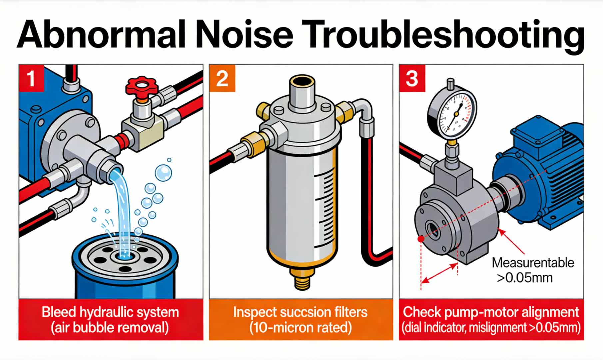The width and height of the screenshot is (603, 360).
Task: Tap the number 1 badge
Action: (31, 79)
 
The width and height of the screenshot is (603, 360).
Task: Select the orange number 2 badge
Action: (222, 79)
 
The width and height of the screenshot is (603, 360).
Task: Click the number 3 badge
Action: (412, 79)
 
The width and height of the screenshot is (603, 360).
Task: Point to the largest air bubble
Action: (163, 173)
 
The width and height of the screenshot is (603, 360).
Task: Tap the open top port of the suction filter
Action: (301, 81)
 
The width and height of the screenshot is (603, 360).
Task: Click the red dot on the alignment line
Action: (421, 239)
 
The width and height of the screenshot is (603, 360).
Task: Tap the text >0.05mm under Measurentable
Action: (524, 278)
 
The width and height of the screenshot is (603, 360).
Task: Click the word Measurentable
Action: (533, 263)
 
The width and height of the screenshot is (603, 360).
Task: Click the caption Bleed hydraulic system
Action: (110, 312)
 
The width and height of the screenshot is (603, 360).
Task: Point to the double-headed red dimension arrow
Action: (439, 274)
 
